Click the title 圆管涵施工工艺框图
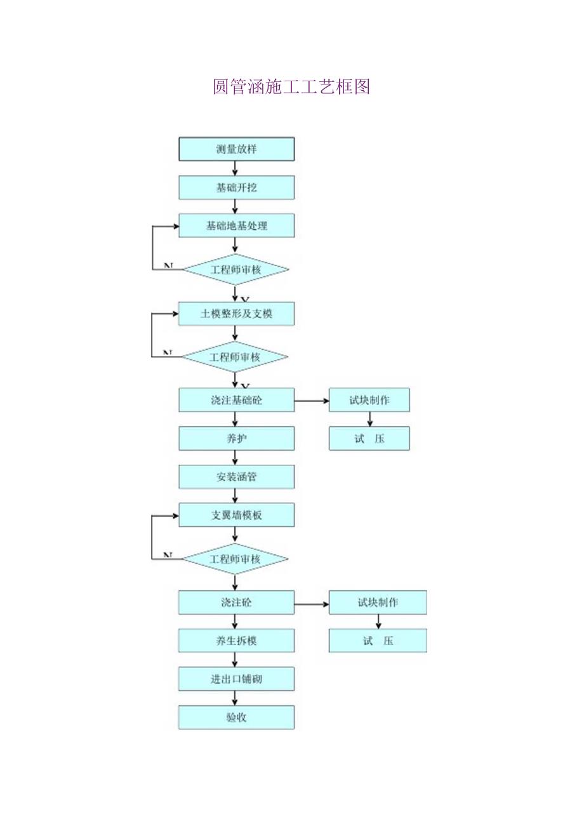pyautogui.click(x=291, y=87)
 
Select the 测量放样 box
pyautogui.click(x=236, y=149)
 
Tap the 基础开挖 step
pyautogui.click(x=236, y=187)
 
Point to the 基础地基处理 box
pyautogui.click(x=236, y=225)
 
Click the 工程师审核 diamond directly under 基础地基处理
pyautogui.click(x=236, y=270)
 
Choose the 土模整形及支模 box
pyautogui.click(x=236, y=314)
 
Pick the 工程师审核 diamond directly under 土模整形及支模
pyautogui.click(x=236, y=357)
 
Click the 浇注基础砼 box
pyautogui.click(x=236, y=400)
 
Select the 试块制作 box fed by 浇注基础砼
pyautogui.click(x=369, y=400)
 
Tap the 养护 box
pyautogui.click(x=236, y=438)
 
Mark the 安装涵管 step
pyautogui.click(x=236, y=477)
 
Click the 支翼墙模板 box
pyautogui.click(x=236, y=515)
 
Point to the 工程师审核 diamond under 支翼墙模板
pyautogui.click(x=236, y=559)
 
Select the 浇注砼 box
pyautogui.click(x=236, y=603)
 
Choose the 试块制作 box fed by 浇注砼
pyautogui.click(x=378, y=603)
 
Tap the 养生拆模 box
pyautogui.click(x=236, y=641)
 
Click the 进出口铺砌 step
pyautogui.click(x=236, y=679)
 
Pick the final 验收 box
pyautogui.click(x=236, y=717)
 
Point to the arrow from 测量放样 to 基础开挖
pyautogui.click(x=236, y=168)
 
